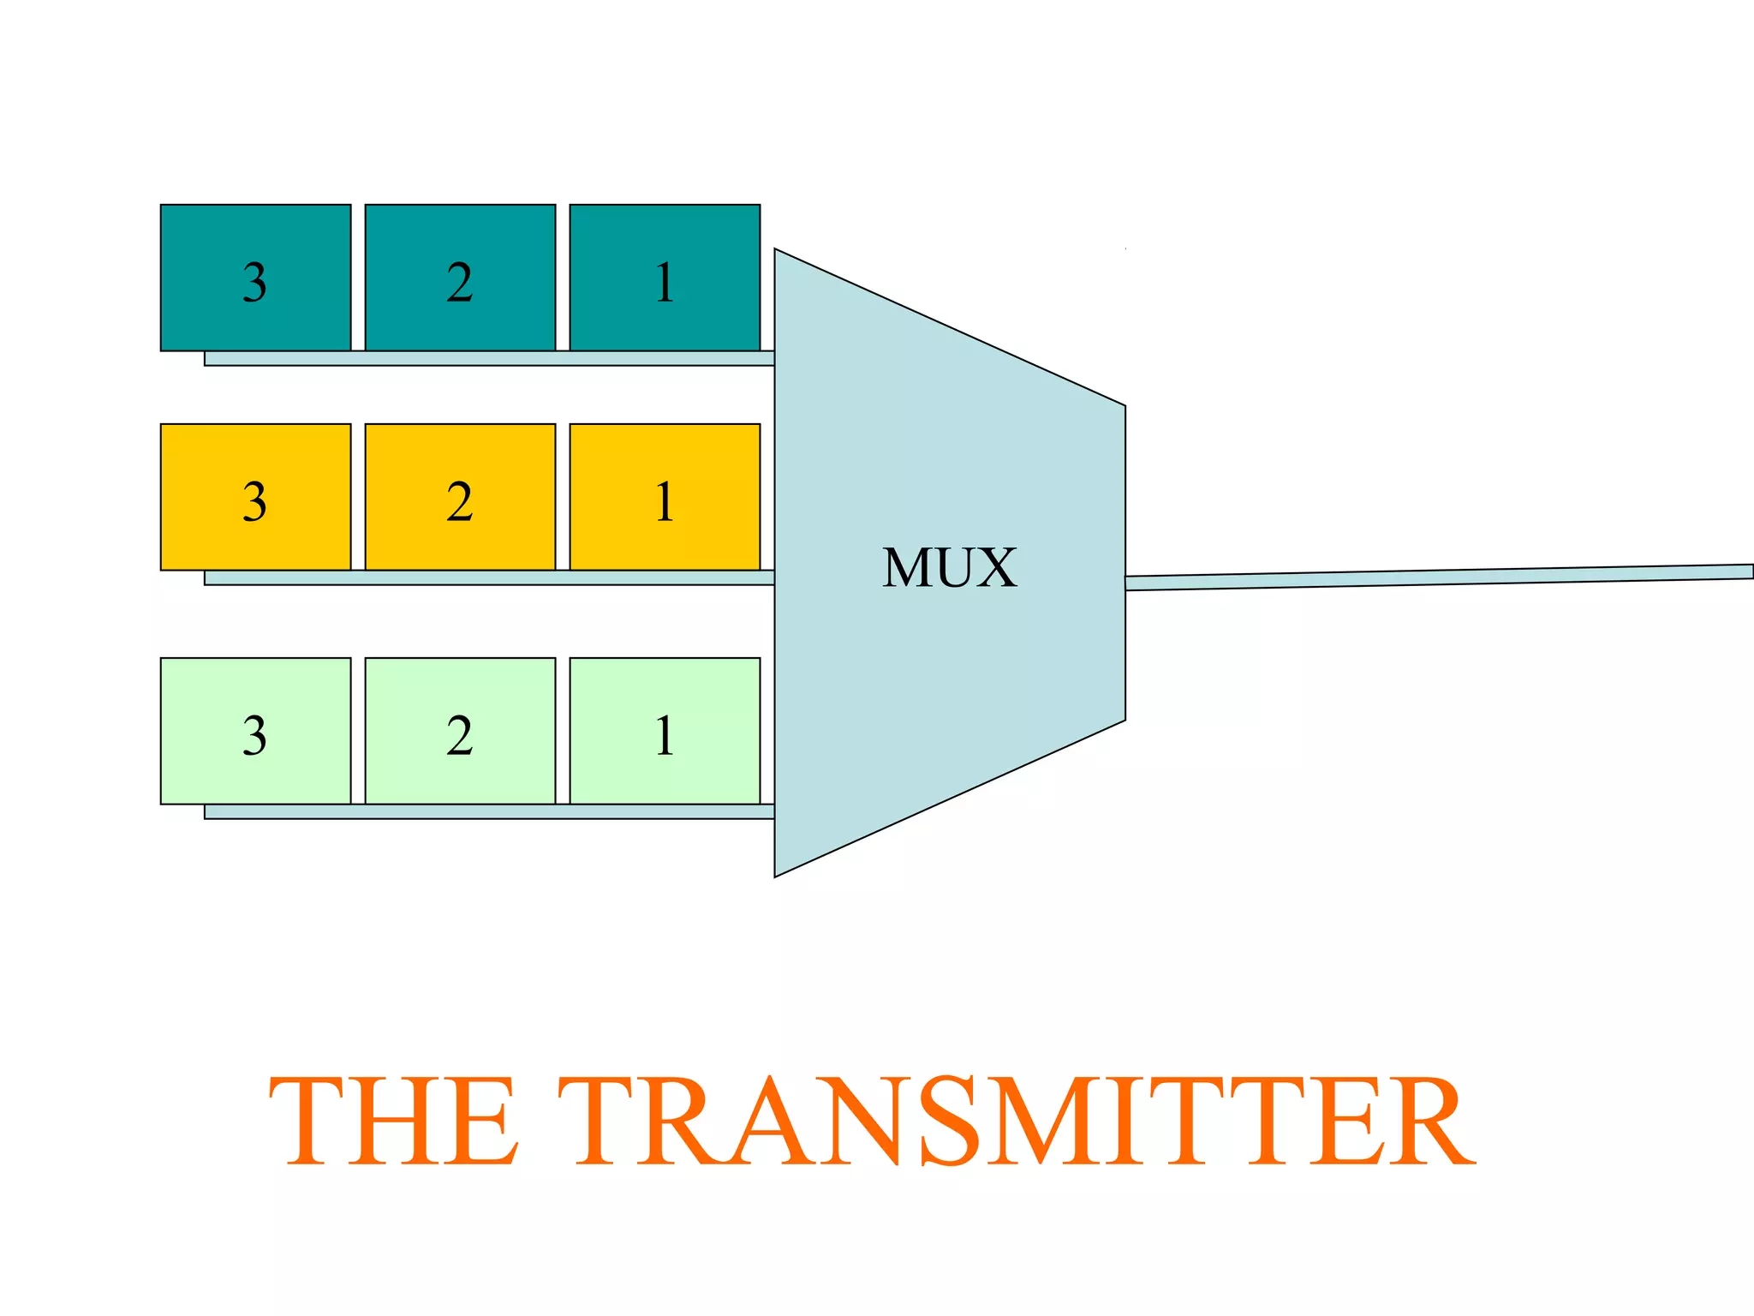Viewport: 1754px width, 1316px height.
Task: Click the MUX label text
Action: [x=950, y=568]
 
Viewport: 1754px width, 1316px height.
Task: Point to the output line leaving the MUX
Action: [x=1439, y=577]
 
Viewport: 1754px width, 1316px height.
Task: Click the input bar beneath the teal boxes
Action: [x=488, y=358]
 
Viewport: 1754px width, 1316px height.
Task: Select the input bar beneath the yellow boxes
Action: [x=488, y=577]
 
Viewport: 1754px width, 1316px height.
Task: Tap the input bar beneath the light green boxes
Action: [x=488, y=811]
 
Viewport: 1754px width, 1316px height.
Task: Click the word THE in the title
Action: [x=395, y=1122]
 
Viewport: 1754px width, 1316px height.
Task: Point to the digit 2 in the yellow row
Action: [x=460, y=501]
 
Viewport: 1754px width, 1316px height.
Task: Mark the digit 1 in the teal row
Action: [x=665, y=282]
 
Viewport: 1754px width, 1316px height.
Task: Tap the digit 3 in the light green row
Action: [x=254, y=735]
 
